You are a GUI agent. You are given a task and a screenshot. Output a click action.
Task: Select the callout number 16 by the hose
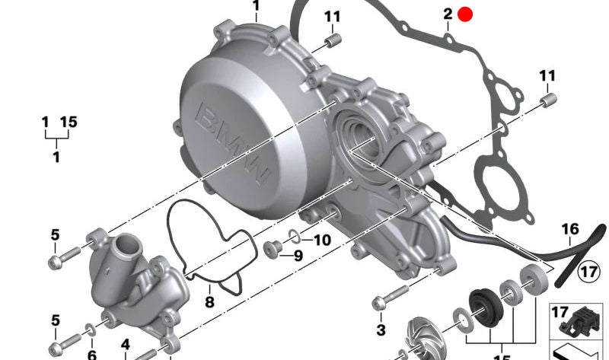click(x=570, y=229)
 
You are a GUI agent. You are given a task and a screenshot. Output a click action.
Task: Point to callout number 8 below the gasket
click(x=209, y=302)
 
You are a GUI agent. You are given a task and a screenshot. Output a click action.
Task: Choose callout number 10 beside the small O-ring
click(x=322, y=241)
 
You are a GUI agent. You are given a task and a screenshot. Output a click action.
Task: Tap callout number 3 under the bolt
click(x=381, y=330)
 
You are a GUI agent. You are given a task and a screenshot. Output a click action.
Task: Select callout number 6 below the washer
click(x=91, y=355)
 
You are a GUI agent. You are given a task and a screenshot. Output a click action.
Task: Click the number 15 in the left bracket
click(x=69, y=122)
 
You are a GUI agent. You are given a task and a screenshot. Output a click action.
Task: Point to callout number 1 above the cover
click(x=256, y=8)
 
